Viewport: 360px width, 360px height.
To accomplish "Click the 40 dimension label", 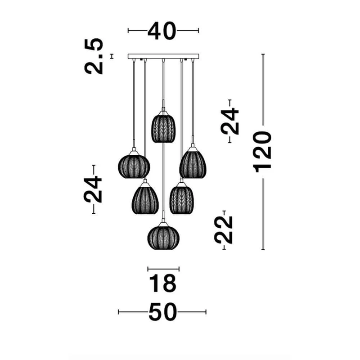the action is click(x=162, y=31).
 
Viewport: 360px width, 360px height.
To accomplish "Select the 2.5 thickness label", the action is click(x=94, y=56).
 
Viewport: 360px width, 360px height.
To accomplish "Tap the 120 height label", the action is click(x=262, y=152).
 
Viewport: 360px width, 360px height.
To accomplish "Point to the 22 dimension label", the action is click(x=223, y=230).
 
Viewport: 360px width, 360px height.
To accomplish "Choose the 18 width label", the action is click(x=162, y=284).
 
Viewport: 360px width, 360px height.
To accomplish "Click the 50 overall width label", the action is click(x=163, y=312).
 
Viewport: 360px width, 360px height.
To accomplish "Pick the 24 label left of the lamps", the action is click(x=93, y=189).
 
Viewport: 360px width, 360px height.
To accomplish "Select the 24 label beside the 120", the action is click(x=230, y=121).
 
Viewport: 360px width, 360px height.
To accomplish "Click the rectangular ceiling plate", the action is click(x=163, y=57).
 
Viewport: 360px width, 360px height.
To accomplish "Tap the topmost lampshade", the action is click(x=163, y=127).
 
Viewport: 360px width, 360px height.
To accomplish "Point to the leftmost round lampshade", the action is click(x=134, y=165).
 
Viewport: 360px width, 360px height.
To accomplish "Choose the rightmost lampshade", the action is click(x=193, y=163).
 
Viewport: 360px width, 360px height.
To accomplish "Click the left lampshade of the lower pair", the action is click(x=145, y=198).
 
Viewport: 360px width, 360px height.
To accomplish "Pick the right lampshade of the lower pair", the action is click(x=182, y=198).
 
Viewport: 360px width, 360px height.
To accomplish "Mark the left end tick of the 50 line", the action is click(x=118, y=312).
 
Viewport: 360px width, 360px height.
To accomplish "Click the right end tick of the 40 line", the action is click(x=198, y=30).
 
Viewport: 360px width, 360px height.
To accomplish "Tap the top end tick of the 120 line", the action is click(x=263, y=54).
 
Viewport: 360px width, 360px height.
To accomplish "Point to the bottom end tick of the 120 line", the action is click(x=263, y=249).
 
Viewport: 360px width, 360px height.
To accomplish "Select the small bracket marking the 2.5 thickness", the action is click(x=112, y=56).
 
